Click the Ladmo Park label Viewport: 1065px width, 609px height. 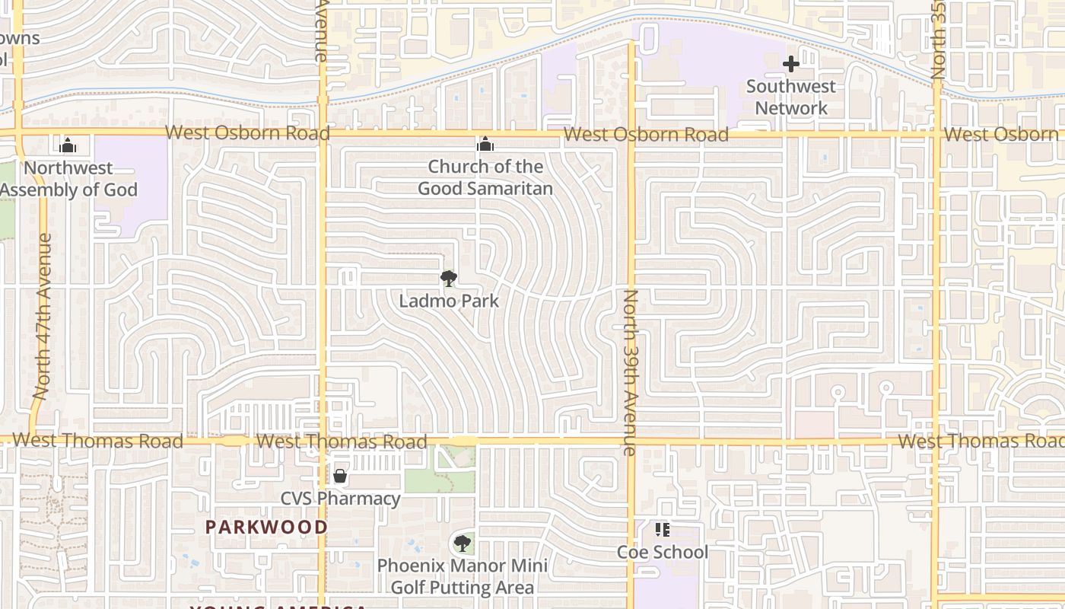pos(449,301)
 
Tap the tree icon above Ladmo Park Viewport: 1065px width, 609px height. pos(449,279)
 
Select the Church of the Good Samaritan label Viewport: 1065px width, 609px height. pos(485,177)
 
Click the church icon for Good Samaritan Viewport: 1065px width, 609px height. pos(485,145)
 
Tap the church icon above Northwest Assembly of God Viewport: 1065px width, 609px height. pos(68,145)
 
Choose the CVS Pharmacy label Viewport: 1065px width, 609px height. pos(341,499)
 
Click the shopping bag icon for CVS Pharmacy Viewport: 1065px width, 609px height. pos(340,477)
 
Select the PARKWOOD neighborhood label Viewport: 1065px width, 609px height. pos(266,527)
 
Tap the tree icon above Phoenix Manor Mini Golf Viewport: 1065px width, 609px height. pos(462,544)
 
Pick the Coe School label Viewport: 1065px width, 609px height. pos(662,552)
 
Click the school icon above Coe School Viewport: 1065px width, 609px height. pos(662,530)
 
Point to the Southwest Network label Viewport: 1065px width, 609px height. pos(791,97)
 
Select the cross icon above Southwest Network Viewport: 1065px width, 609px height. pos(791,64)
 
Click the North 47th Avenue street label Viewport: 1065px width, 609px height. pos(42,316)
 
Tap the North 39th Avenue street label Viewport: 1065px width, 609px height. pos(630,373)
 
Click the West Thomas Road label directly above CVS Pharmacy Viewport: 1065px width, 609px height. pos(342,442)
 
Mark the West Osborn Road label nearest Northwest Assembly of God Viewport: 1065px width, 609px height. pos(247,132)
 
